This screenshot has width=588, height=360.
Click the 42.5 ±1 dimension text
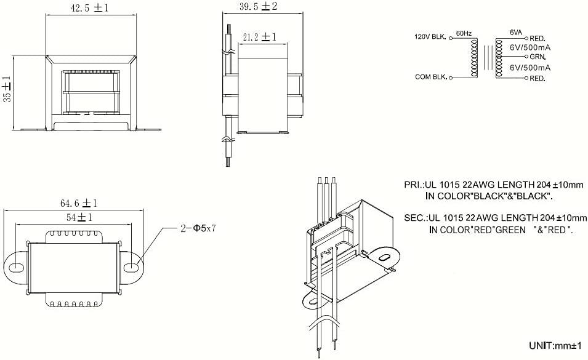[89, 8]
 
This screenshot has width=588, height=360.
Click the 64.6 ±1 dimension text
[78, 202]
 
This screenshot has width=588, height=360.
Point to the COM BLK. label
[430, 78]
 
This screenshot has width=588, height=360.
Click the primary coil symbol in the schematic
[474, 58]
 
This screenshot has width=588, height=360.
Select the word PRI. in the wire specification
[412, 185]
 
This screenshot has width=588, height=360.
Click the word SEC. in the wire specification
[413, 218]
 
